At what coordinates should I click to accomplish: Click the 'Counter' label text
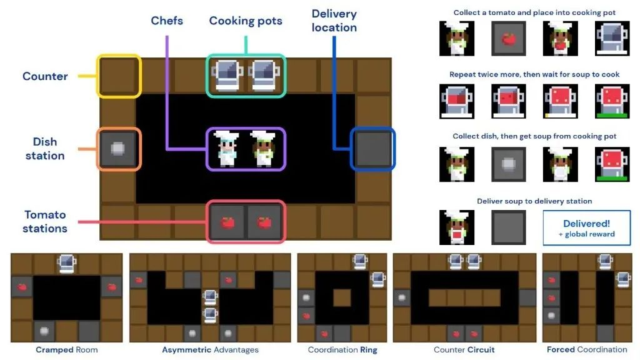[45, 76]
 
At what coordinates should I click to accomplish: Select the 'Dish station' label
[45, 149]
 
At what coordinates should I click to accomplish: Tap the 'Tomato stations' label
[45, 221]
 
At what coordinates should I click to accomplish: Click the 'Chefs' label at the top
[167, 21]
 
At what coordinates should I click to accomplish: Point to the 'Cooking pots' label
[246, 21]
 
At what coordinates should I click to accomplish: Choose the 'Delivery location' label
[334, 21]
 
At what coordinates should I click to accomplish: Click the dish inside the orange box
[118, 149]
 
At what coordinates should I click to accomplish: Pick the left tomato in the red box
[227, 222]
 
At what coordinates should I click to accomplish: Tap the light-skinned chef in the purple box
[226, 149]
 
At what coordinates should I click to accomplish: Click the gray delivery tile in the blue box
[373, 149]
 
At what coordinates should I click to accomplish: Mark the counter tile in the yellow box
[119, 76]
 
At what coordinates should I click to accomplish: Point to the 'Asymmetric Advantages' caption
[210, 350]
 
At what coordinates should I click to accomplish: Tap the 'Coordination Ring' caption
[342, 350]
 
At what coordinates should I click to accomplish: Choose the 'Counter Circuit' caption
[464, 350]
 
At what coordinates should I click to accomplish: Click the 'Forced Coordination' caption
[587, 350]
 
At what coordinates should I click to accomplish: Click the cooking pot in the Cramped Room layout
[67, 264]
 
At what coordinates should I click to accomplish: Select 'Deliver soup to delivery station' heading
[534, 201]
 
